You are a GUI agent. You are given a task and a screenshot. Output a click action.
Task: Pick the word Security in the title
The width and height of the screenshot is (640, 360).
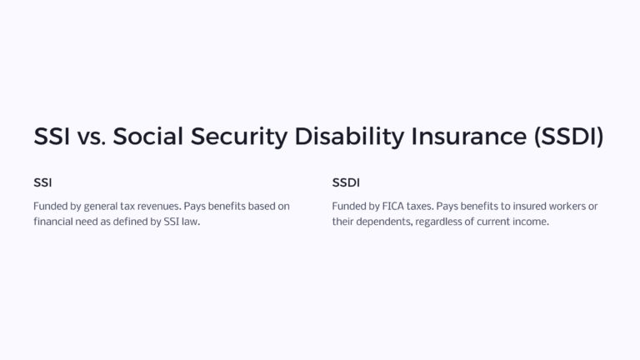point(236,137)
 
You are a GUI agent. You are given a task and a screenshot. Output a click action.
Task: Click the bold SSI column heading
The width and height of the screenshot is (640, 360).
point(42,182)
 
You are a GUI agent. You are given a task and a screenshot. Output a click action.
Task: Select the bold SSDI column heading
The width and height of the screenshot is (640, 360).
point(346,182)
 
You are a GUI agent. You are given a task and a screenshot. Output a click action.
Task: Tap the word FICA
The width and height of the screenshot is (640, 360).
point(391,206)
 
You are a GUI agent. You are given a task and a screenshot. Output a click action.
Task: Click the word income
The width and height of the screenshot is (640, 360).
point(531,222)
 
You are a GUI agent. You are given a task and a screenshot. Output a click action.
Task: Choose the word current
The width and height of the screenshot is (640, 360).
point(492,222)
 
